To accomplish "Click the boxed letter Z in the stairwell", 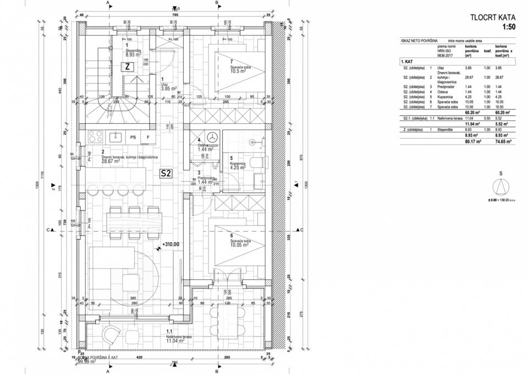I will click(127, 66).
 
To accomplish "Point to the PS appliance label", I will click(133, 137).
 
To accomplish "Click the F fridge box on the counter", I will click(147, 137).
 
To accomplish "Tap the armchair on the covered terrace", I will click(112, 333).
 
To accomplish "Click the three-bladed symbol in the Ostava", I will click(212, 137).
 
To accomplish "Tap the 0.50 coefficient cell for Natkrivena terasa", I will click(487, 118).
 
